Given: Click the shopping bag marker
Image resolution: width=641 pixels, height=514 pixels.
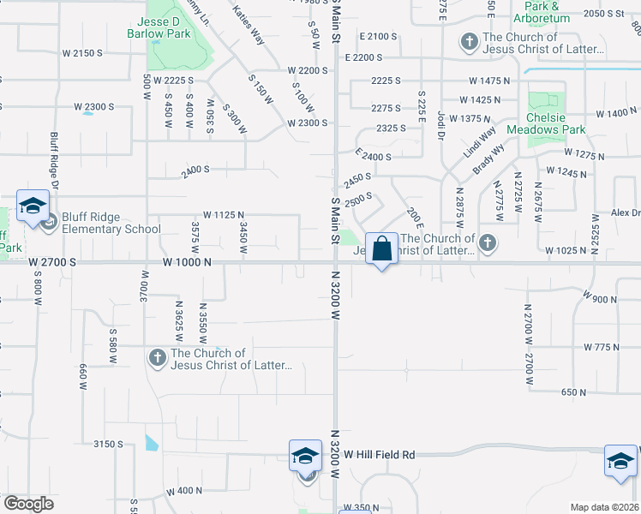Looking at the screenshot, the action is tap(382, 249).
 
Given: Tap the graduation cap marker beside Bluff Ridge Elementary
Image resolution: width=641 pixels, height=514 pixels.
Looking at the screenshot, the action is tap(33, 206).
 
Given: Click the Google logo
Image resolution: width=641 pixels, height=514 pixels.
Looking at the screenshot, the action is tap(28, 504).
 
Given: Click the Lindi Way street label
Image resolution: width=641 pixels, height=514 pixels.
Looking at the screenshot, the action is tap(481, 144).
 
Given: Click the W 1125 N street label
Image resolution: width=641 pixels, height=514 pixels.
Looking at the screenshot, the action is tap(224, 214).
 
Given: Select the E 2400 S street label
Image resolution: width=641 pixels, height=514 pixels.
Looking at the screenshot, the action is tap(373, 157).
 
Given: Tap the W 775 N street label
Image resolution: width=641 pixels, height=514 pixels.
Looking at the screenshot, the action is tap(602, 347).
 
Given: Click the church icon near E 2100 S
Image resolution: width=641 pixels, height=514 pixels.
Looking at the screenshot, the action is tap(469, 41).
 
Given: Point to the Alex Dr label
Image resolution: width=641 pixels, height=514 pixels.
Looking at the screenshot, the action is tap(625, 212).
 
